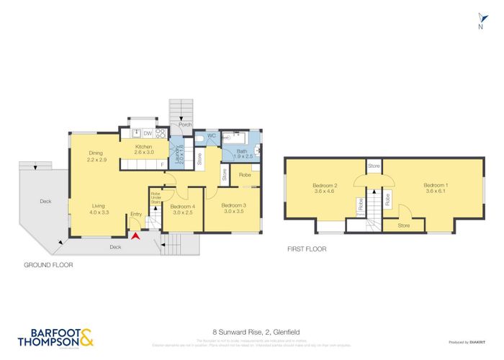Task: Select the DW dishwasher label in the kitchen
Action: [147, 133]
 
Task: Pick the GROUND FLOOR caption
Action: [48, 265]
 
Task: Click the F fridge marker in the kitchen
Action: [163, 165]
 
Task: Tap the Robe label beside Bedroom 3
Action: [245, 175]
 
